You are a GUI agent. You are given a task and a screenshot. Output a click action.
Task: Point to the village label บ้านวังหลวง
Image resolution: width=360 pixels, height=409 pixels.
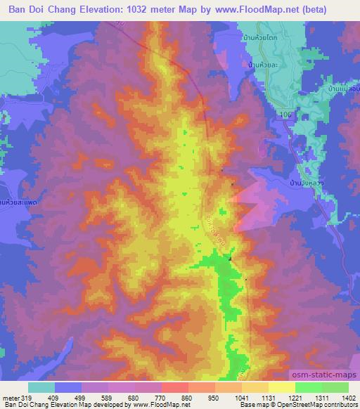click(305, 181)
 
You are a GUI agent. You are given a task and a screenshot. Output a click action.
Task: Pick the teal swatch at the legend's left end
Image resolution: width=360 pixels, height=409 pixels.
click(41, 387)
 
